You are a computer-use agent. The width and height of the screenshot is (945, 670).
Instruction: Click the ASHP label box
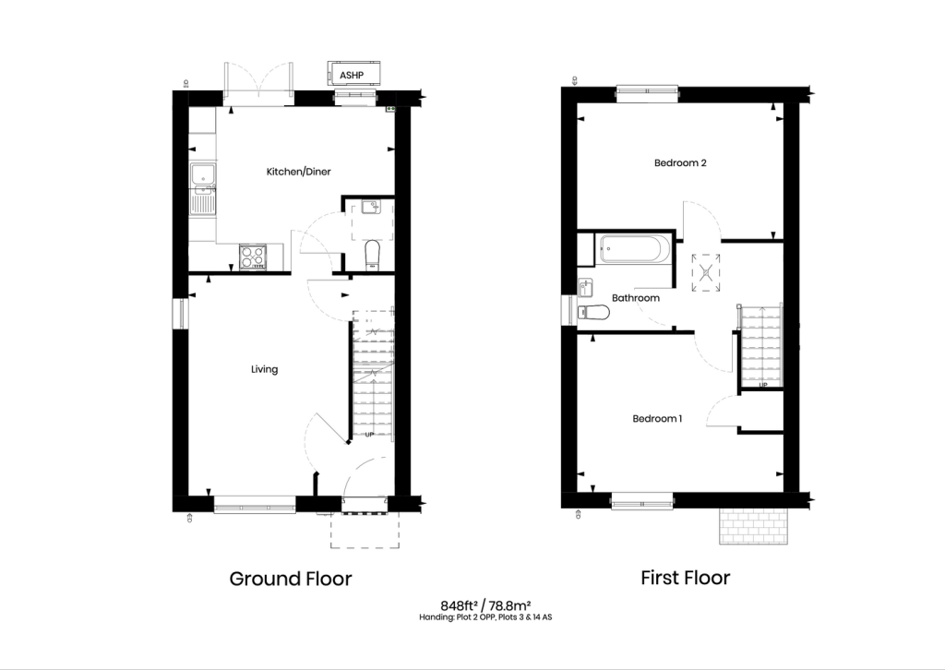pos(352,74)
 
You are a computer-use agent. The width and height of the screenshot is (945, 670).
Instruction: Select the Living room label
pos(265,369)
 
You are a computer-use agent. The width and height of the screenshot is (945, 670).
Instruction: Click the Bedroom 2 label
pos(680,163)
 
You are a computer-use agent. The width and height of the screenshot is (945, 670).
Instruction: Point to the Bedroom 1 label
pos(657,418)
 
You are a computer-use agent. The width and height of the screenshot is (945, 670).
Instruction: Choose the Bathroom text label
pos(636,298)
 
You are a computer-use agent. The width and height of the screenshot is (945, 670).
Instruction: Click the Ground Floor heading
pos(291,579)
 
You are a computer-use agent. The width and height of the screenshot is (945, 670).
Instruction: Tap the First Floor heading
pos(686,578)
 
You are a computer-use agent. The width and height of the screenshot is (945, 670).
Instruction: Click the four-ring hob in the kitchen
pos(252,257)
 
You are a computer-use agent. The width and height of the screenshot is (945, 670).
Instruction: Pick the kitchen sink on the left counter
pos(201,175)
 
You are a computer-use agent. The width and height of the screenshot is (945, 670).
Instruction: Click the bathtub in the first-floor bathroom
pos(631,249)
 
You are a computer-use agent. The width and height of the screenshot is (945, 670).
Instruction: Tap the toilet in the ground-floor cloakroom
pos(371,254)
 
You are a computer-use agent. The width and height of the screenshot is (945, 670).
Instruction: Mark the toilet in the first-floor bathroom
pos(592,313)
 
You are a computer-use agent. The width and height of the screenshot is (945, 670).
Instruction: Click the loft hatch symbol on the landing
pos(707,272)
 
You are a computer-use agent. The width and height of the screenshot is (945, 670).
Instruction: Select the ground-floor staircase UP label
pos(369,434)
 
